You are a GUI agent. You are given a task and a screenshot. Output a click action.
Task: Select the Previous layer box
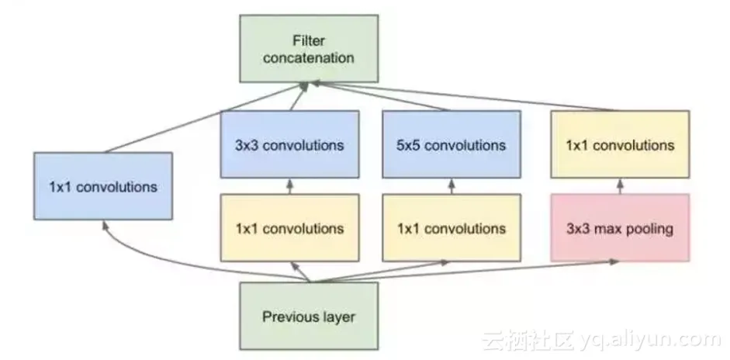pyautogui.click(x=309, y=316)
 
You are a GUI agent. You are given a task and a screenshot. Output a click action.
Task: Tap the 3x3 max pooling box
pyautogui.click(x=619, y=228)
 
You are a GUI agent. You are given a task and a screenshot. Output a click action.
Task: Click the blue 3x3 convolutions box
pyautogui.click(x=289, y=144)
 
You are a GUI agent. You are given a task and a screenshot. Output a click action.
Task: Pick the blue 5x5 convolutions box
pyautogui.click(x=451, y=144)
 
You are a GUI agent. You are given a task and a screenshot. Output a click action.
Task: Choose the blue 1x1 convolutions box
pyautogui.click(x=103, y=186)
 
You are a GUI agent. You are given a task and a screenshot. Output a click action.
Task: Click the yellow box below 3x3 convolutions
pyautogui.click(x=289, y=228)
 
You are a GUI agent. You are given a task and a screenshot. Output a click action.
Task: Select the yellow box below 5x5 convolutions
pyautogui.click(x=451, y=228)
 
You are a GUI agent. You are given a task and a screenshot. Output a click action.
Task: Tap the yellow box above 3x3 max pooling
pyautogui.click(x=619, y=144)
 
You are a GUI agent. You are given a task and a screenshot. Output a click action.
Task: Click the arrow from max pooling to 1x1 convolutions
pyautogui.click(x=619, y=186)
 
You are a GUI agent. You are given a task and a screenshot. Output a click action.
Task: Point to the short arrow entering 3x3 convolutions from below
pyautogui.click(x=289, y=186)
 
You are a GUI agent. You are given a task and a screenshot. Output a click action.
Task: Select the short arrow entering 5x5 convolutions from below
pyautogui.click(x=451, y=186)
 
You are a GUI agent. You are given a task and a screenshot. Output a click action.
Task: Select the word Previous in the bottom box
pyautogui.click(x=289, y=317)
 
